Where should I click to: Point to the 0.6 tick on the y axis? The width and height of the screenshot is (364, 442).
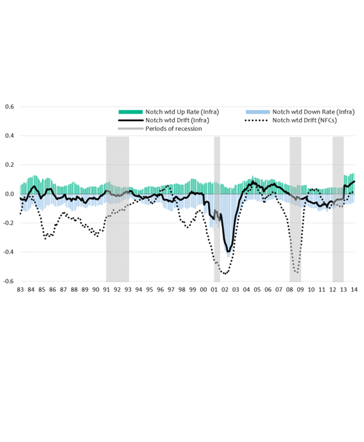10,106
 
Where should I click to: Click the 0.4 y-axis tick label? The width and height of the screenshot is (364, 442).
10,136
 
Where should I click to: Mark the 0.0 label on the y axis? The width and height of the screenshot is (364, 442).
10,194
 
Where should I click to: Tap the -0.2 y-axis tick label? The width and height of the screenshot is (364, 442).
9,223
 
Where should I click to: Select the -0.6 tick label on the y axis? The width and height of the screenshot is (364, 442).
9,282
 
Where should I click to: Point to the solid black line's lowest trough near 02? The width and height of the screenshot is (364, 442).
229,251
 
